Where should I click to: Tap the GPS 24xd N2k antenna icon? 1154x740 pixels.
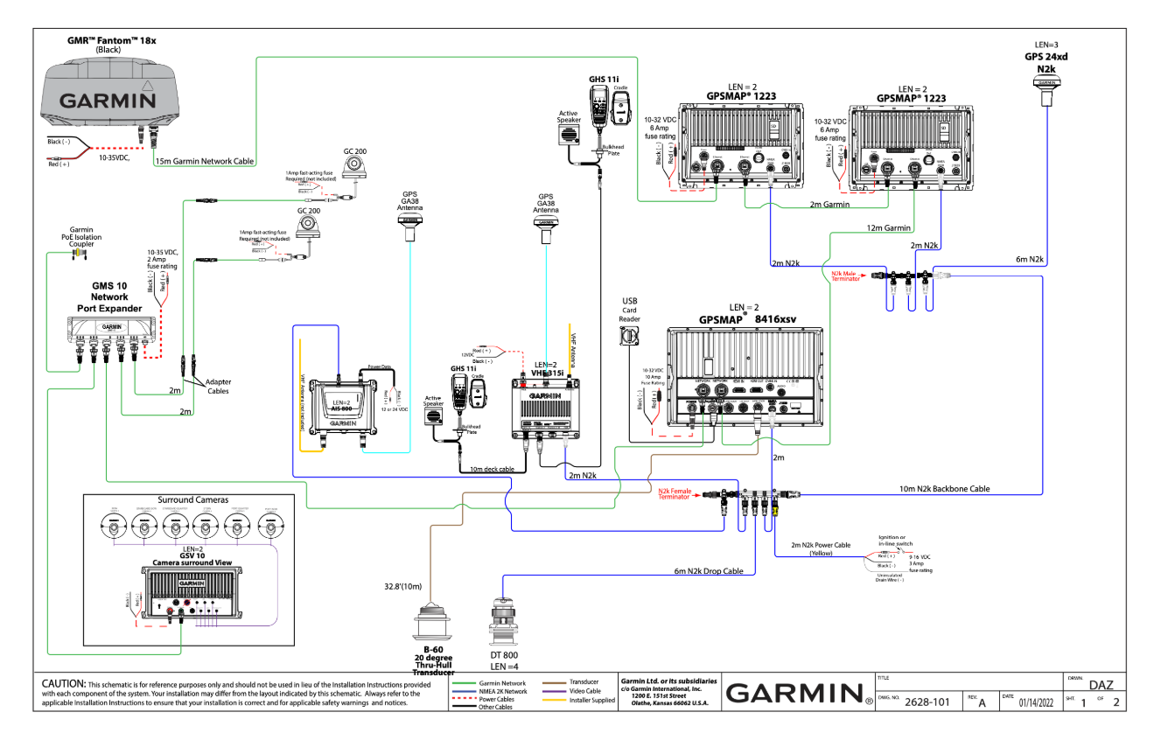coord(1046,86)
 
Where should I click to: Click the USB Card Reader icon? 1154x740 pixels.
coord(631,336)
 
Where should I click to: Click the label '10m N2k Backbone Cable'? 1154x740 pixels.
coord(945,489)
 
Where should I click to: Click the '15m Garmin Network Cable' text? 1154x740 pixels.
coord(205,161)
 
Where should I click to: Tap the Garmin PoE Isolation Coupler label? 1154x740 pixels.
coord(81,236)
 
